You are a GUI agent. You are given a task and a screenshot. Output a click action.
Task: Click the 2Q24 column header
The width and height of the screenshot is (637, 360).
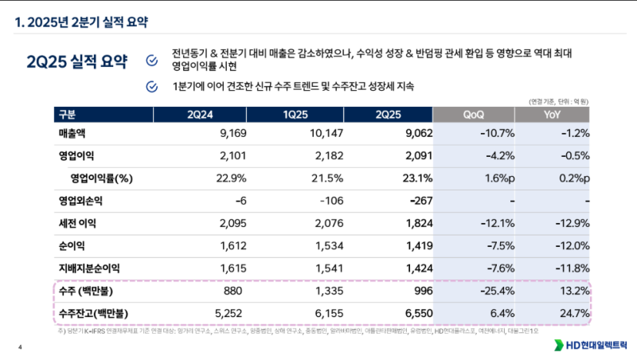pos(199,113)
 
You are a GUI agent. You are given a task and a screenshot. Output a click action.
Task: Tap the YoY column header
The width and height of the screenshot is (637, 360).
pos(552,113)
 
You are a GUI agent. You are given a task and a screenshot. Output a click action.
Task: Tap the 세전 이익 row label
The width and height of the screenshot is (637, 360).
pos(78,224)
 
